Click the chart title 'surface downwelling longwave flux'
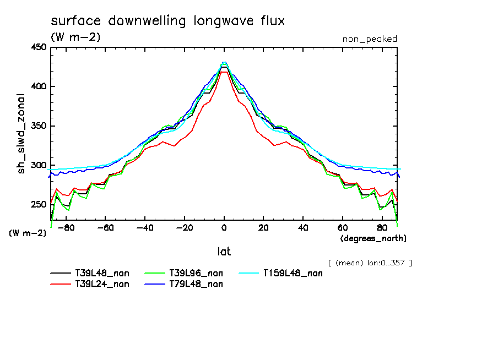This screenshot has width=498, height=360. [167, 21]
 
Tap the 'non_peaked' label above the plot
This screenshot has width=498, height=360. [369, 39]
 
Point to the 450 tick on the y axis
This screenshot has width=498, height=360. [38, 47]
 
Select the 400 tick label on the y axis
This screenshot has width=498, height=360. [38, 86]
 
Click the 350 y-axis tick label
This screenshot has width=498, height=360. [38, 126]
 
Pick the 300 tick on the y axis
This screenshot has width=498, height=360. [38, 165]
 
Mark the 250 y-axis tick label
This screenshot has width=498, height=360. [38, 205]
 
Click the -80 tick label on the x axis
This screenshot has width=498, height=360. [66, 227]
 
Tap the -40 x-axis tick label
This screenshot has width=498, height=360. [145, 227]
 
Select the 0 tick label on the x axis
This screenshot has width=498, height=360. [224, 227]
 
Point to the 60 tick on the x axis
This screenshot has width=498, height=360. [342, 227]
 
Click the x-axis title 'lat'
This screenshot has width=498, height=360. [224, 252]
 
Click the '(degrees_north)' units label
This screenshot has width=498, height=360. [373, 238]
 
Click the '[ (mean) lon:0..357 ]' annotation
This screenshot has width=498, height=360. [370, 263]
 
